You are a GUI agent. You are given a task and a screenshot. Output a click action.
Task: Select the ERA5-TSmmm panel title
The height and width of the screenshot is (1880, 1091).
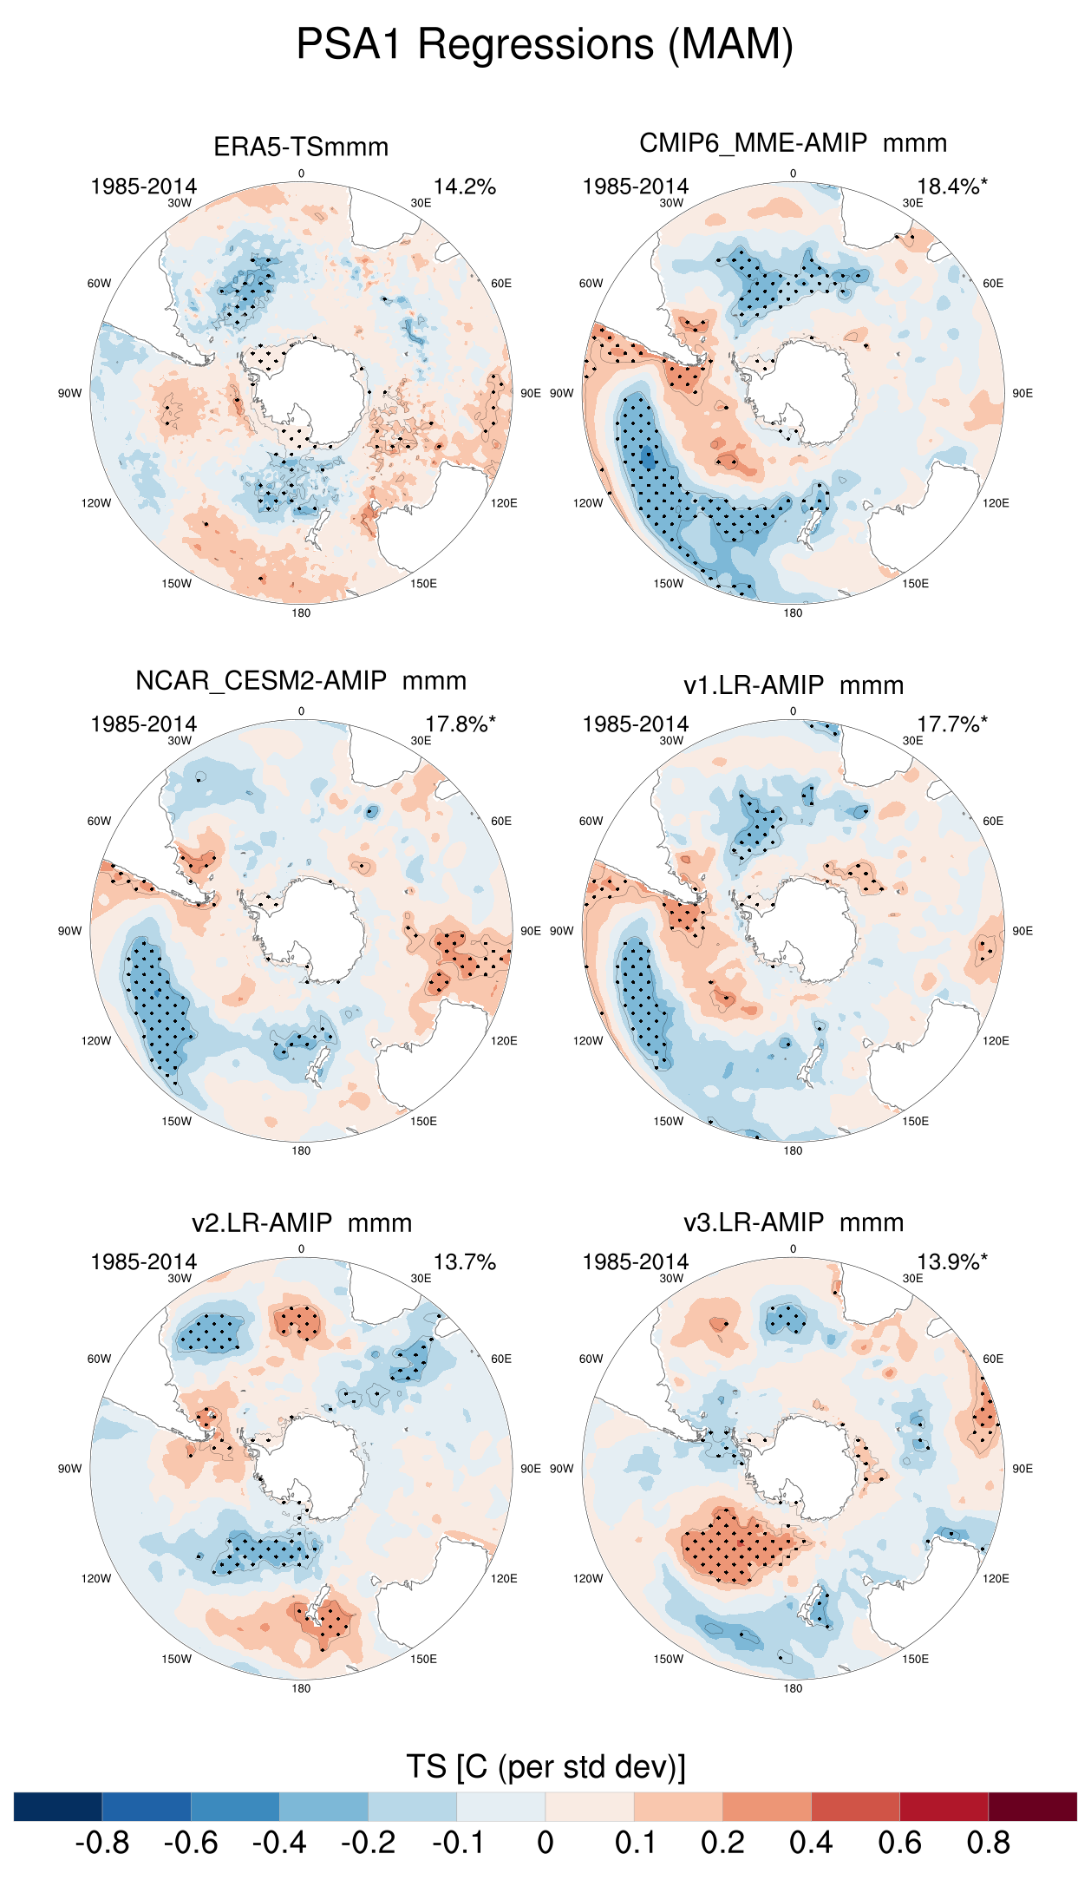point(301,147)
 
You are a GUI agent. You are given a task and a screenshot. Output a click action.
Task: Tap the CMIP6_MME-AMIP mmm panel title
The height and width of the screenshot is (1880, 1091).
point(793,143)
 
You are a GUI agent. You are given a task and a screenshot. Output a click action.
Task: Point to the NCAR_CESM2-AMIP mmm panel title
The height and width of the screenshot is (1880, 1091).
point(301,681)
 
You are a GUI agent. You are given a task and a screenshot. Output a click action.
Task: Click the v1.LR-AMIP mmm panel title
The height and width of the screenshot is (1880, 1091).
point(793,685)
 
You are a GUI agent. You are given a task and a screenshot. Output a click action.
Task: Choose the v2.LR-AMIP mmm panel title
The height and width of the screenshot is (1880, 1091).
point(301,1223)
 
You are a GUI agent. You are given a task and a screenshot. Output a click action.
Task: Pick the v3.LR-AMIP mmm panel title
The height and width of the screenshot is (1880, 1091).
point(793,1222)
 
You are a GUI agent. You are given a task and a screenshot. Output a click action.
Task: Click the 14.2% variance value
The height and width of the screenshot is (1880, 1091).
point(465,187)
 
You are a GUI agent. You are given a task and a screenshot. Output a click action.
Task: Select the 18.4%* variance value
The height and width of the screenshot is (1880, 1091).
point(951,187)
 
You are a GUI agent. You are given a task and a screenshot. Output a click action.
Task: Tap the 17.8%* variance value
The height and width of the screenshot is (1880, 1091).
point(460,724)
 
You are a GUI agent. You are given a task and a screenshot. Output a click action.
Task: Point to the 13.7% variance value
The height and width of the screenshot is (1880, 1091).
point(465,1262)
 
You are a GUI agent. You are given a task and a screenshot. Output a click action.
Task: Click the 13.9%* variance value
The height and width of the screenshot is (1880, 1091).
point(951,1262)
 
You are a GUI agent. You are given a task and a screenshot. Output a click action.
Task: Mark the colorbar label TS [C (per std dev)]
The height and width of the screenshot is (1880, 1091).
point(545,1767)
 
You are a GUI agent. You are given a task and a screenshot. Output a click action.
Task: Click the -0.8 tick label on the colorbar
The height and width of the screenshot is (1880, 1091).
point(102,1843)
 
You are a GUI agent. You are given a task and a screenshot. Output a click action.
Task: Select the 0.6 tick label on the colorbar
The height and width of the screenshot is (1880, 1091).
point(899,1843)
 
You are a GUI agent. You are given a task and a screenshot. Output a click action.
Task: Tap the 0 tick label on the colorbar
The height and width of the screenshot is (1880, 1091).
point(545,1843)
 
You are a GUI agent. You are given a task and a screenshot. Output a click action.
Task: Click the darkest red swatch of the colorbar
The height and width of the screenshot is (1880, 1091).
point(1032,1806)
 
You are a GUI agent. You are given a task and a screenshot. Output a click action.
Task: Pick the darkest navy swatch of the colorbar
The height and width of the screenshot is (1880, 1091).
point(58,1806)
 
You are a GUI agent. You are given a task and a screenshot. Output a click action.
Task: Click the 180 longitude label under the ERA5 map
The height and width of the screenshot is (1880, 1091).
point(301,613)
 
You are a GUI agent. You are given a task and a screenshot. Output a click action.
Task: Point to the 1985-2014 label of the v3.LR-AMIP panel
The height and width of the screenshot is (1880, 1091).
point(636,1262)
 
